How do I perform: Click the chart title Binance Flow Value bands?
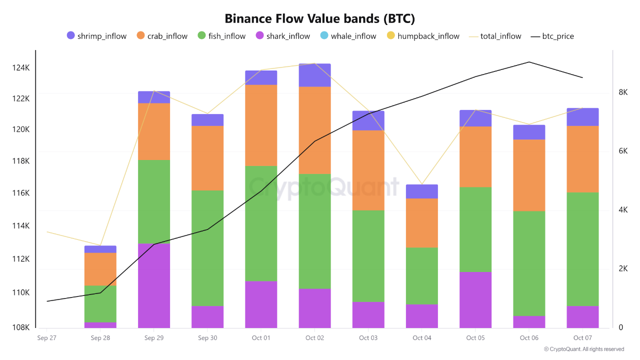tap(320, 19)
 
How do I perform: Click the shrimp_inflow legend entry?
tap(97, 36)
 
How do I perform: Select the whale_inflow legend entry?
tap(348, 36)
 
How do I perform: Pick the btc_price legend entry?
tap(552, 36)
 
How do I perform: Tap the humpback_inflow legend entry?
tap(423, 36)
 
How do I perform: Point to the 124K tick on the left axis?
tap(20, 68)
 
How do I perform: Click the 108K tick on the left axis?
tap(20, 327)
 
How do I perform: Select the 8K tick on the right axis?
tap(623, 92)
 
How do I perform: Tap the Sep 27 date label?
tap(46, 338)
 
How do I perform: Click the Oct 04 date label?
tap(421, 338)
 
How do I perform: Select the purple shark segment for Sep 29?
tap(154, 285)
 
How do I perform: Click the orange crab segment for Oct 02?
tap(314, 130)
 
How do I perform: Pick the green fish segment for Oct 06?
tap(529, 263)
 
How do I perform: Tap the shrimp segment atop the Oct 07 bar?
tap(582, 116)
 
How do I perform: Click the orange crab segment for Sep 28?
tap(100, 269)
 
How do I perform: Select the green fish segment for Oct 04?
tap(421, 276)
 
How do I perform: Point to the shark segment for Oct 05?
tap(475, 299)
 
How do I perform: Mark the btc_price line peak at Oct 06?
tap(529, 62)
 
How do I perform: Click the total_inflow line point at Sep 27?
tap(46, 232)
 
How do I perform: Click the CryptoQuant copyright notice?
tap(583, 349)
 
